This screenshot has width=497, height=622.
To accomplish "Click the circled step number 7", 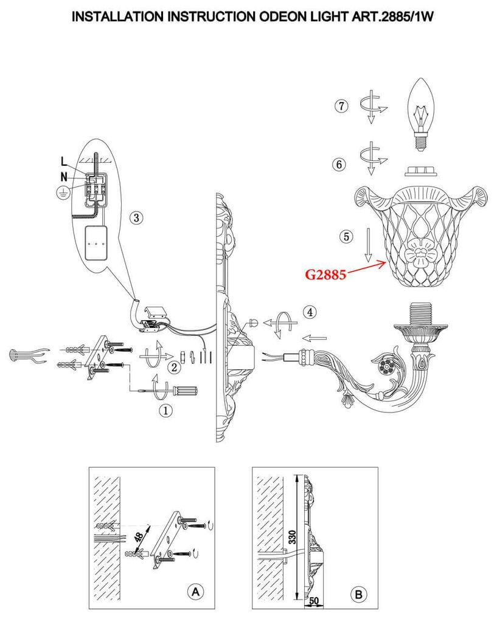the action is coord(341,106).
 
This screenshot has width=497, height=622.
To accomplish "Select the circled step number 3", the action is coord(136,217).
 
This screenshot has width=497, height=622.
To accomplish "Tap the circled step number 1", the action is coord(165,410).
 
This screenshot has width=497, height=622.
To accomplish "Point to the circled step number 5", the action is coord(346,237).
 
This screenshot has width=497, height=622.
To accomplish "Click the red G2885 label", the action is coord(325,274).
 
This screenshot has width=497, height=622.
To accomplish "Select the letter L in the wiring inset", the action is coord(64,161).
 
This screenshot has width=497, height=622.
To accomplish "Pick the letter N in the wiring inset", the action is coord(64,177).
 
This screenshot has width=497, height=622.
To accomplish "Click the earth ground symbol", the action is coord(63,193).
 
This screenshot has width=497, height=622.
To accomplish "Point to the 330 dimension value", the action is coord(292,537).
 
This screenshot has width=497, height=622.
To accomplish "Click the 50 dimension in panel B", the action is coord(314,601).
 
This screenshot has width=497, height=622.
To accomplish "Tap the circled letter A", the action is coord(195,592).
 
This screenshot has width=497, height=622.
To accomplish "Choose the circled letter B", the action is coord(359,594).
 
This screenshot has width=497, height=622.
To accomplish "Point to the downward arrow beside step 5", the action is coord(368,245).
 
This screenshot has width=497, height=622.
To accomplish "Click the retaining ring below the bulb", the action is coord(421,171).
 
